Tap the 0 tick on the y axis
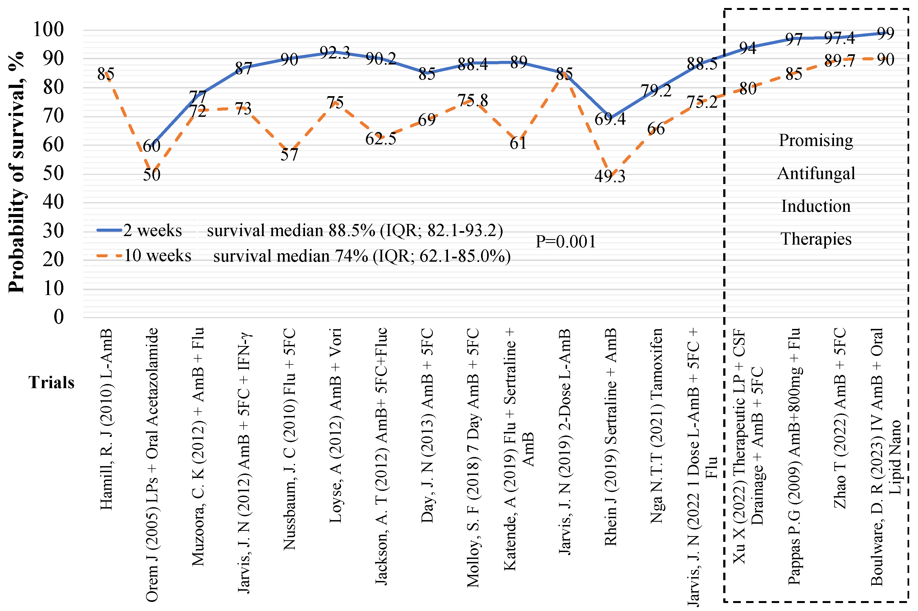click(58, 317)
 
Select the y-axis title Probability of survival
click(16, 171)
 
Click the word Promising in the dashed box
click(816, 140)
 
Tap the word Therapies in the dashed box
click(816, 239)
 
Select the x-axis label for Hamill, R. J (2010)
click(106, 419)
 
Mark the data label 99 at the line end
click(885, 33)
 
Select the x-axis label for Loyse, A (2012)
click(335, 425)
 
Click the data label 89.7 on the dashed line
click(839, 61)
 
